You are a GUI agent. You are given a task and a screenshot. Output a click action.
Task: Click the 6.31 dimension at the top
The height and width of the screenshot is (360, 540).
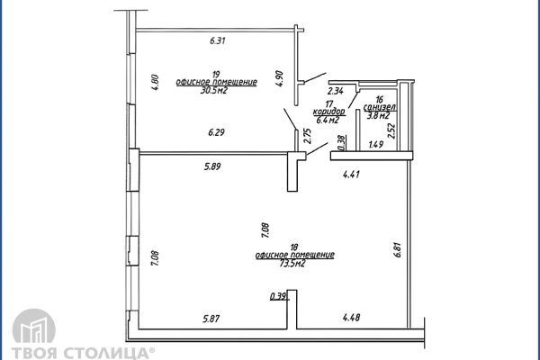pyautogui.click(x=217, y=40)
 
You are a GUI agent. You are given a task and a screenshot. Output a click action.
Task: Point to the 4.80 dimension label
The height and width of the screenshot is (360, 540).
pyautogui.click(x=155, y=82)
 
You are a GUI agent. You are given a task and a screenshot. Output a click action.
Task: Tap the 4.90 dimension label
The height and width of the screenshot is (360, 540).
pyautogui.click(x=279, y=78)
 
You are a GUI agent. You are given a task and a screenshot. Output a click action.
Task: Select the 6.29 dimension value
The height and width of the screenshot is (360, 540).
pyautogui.click(x=216, y=132)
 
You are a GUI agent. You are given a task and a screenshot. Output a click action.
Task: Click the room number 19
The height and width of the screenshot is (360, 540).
pyautogui.click(x=216, y=75)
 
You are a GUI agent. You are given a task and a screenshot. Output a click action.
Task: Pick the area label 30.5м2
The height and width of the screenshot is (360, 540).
pyautogui.click(x=214, y=91)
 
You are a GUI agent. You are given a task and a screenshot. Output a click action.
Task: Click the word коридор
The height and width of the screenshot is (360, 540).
pyautogui.click(x=328, y=112)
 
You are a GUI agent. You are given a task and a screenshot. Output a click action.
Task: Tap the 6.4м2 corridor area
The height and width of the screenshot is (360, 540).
pyautogui.click(x=328, y=120)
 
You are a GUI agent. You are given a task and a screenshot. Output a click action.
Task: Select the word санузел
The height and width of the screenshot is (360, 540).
pyautogui.click(x=379, y=107)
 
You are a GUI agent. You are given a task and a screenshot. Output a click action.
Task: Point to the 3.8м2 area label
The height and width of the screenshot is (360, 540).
pyautogui.click(x=378, y=116)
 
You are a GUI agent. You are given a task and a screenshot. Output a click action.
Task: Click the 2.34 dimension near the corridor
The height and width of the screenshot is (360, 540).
pyautogui.click(x=335, y=91)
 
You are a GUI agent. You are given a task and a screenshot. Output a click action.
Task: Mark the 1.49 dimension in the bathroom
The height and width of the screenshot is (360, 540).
pyautogui.click(x=375, y=144)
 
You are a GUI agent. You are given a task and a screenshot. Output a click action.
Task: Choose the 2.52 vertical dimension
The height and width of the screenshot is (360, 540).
pyautogui.click(x=391, y=130)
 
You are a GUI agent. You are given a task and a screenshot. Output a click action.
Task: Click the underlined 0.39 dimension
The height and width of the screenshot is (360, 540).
pyautogui.click(x=279, y=296)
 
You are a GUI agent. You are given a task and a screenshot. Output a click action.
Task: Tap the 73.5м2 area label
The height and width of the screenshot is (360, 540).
pyautogui.click(x=292, y=264)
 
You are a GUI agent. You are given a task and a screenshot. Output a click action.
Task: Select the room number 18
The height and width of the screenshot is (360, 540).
pyautogui.click(x=294, y=247)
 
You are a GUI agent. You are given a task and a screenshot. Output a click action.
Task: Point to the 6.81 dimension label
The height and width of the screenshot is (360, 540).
pyautogui.click(x=398, y=250)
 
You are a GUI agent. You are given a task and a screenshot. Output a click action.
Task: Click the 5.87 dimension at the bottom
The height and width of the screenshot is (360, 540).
pyautogui.click(x=211, y=319)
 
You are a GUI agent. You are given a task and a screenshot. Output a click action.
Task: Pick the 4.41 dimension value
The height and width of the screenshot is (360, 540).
pyautogui.click(x=351, y=175)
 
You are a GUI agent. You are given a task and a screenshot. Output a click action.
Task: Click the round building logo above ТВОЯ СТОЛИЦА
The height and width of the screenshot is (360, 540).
pyautogui.click(x=34, y=326)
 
